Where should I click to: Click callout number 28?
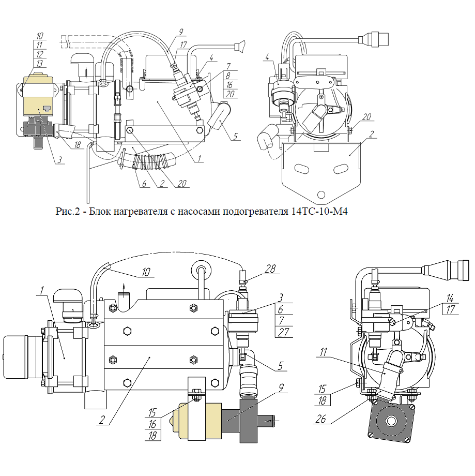pos(270,269)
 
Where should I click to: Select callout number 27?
pos(283,332)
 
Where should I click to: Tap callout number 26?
pos(320,419)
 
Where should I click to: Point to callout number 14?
pos(450,298)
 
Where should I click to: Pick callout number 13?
pos(40,63)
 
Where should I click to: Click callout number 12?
pos(40,54)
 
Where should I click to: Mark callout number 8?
pos(228,76)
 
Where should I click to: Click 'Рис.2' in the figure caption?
pos(68,211)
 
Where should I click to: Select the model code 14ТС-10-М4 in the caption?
pos(319,211)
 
